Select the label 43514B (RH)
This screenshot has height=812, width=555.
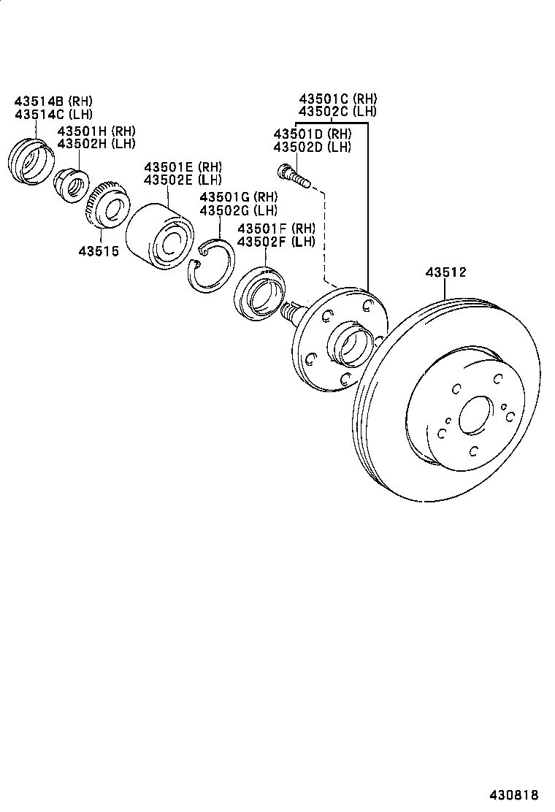(x=53, y=101)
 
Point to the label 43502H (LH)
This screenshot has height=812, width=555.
(x=96, y=143)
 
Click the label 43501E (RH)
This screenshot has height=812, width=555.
(x=183, y=166)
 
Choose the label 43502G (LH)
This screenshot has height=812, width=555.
(x=239, y=210)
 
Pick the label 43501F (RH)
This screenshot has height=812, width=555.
(x=276, y=229)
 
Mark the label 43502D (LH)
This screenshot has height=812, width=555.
(x=312, y=147)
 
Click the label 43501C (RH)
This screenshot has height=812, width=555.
(x=337, y=99)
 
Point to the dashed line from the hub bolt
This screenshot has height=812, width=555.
(x=324, y=234)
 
